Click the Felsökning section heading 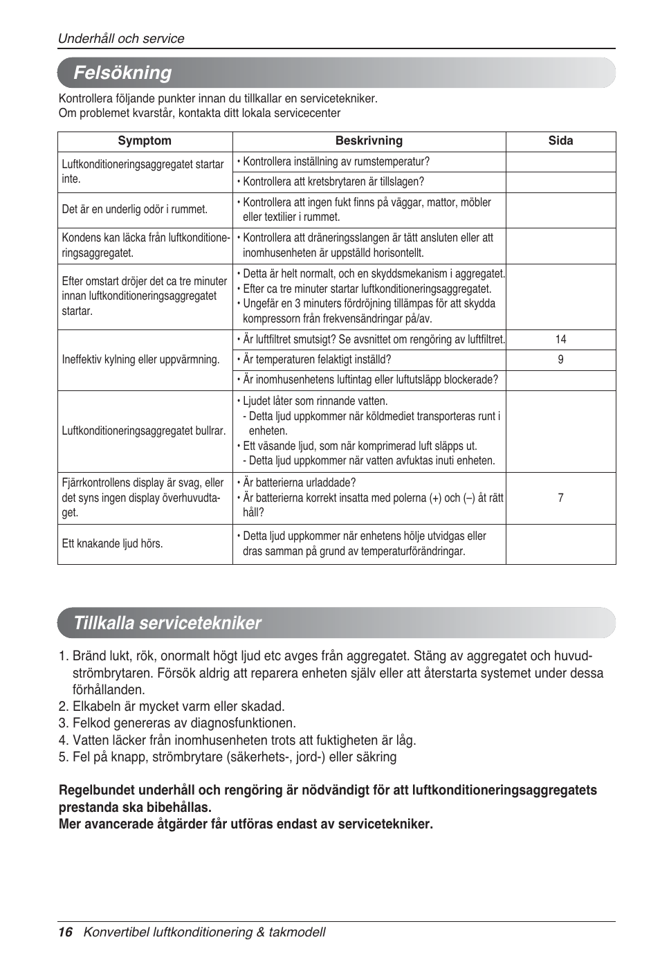122,73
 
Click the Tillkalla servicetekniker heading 167,623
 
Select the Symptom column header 145,141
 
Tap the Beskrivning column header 369,141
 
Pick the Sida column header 560,141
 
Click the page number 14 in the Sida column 560,339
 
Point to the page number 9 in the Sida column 560,359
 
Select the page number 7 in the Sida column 560,498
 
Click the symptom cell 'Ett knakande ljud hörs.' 112,544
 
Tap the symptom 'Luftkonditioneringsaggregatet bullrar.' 143,431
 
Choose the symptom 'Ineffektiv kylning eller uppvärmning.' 140,359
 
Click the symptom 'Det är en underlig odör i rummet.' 134,210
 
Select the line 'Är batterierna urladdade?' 299,482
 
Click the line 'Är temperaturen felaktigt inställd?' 316,359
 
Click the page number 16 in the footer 65,932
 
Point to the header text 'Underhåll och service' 121,39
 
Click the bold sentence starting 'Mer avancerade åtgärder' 246,824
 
